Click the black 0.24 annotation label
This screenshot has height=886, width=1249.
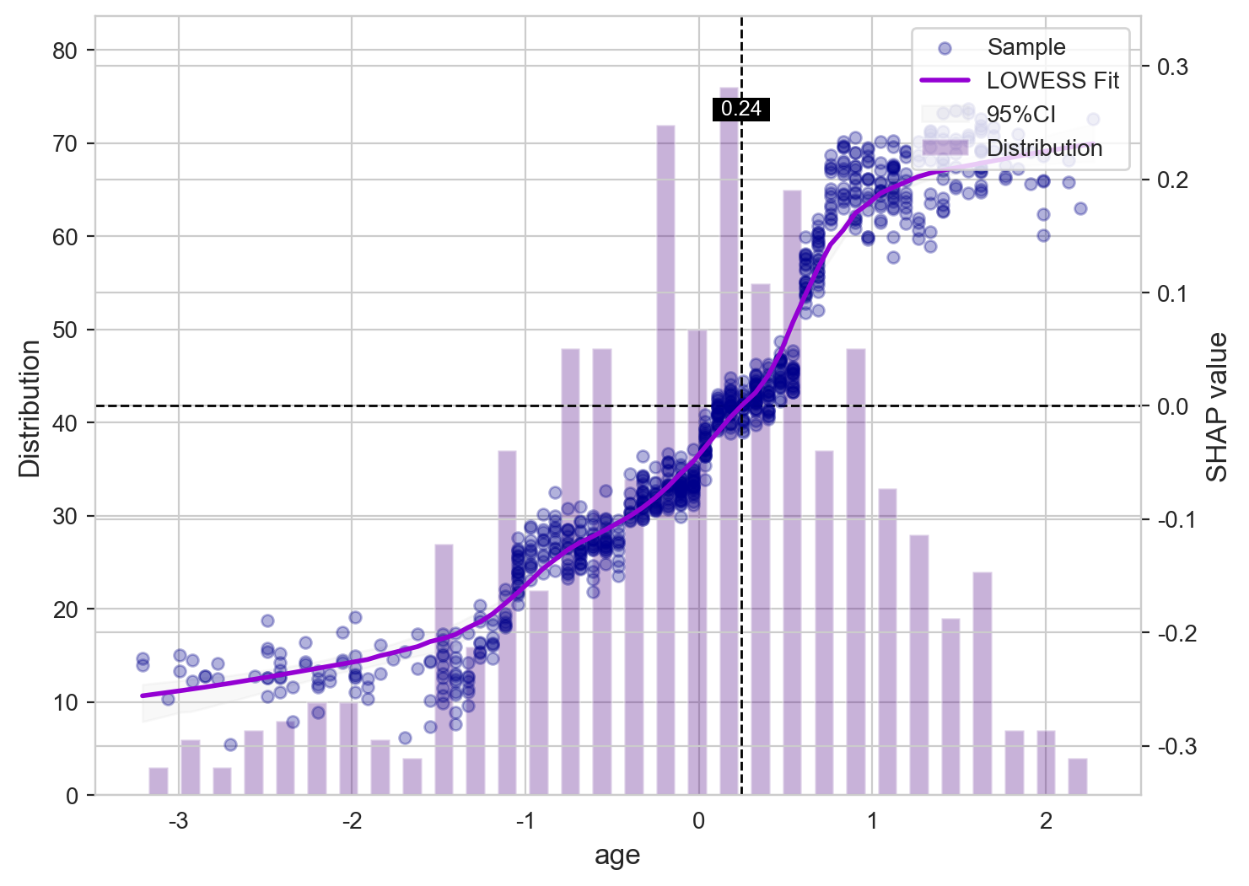[741, 109]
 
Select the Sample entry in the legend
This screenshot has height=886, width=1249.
[1026, 47]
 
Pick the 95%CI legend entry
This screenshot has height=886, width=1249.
[1020, 115]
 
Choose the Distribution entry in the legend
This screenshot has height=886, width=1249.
[1044, 148]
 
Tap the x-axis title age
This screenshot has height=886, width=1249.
[617, 856]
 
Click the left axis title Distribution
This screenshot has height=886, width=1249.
[30, 408]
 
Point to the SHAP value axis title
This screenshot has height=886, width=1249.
[1217, 407]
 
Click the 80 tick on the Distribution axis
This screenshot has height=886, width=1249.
[64, 51]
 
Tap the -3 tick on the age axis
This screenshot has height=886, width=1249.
[178, 821]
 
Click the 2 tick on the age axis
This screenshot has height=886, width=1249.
[1046, 821]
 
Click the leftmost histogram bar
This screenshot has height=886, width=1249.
[159, 781]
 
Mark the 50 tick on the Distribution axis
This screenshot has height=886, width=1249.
[64, 330]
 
